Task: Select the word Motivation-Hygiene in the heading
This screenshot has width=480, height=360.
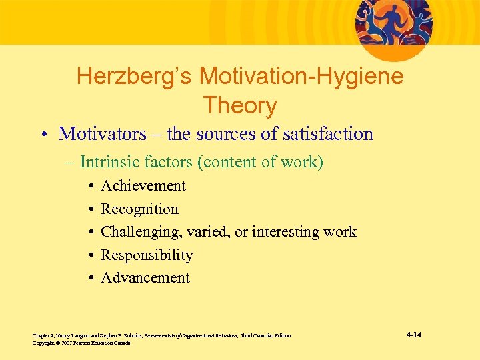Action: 302,77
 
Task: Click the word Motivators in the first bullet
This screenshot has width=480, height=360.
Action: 102,134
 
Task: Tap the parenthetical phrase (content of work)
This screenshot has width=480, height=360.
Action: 263,162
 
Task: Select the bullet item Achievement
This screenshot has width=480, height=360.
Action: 143,186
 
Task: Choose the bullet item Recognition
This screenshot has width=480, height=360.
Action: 139,209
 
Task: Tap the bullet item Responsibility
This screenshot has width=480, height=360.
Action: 147,255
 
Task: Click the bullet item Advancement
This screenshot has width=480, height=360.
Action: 145,278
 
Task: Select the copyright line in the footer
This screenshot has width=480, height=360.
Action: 81,343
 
